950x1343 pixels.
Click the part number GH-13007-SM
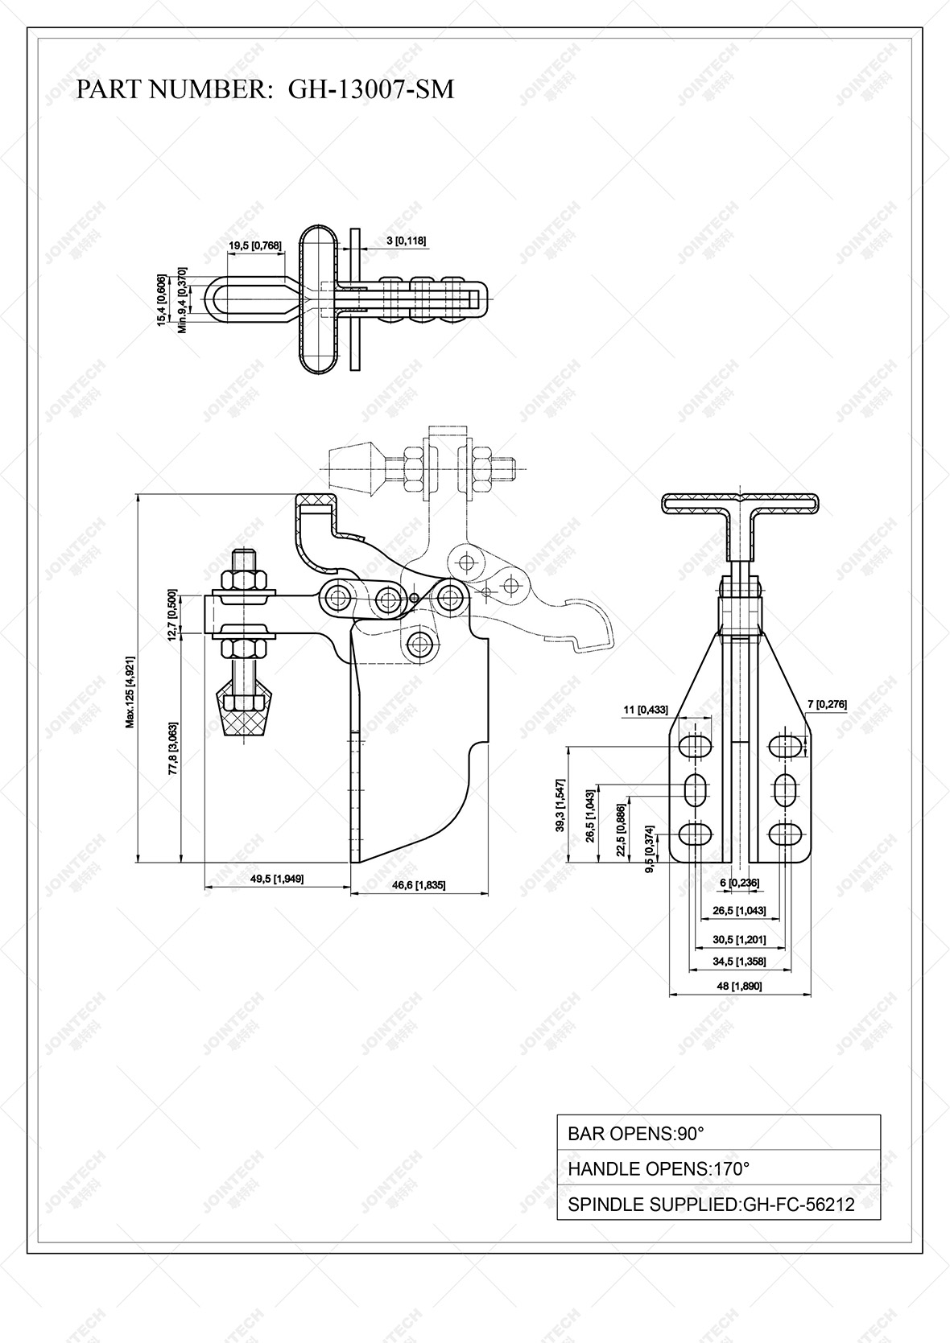pyautogui.click(x=371, y=89)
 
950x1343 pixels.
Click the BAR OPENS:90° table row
pyautogui.click(x=718, y=1133)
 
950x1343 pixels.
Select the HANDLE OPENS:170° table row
pyautogui.click(x=718, y=1168)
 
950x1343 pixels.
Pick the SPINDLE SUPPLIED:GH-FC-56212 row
pyautogui.click(x=718, y=1204)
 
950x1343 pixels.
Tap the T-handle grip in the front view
pyautogui.click(x=740, y=505)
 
